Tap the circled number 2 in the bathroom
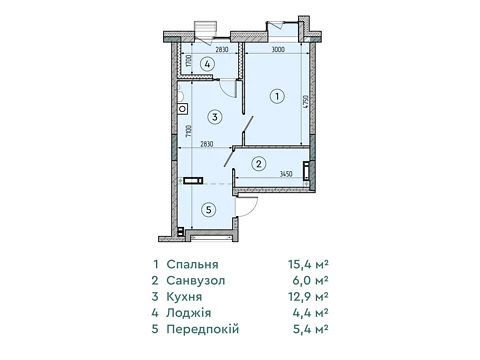(259, 164)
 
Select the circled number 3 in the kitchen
(215, 117)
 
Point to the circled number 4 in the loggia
(207, 64)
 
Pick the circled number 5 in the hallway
(209, 210)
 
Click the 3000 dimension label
(278, 49)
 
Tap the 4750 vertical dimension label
(305, 102)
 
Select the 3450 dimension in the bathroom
(286, 174)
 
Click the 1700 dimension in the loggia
(189, 61)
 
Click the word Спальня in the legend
(193, 264)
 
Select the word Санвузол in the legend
(196, 280)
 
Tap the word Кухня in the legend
(184, 297)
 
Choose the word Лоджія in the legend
(189, 313)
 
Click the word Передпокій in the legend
(203, 329)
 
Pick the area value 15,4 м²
(309, 264)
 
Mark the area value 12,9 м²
(309, 297)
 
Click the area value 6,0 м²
(310, 280)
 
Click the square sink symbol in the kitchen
(183, 109)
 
